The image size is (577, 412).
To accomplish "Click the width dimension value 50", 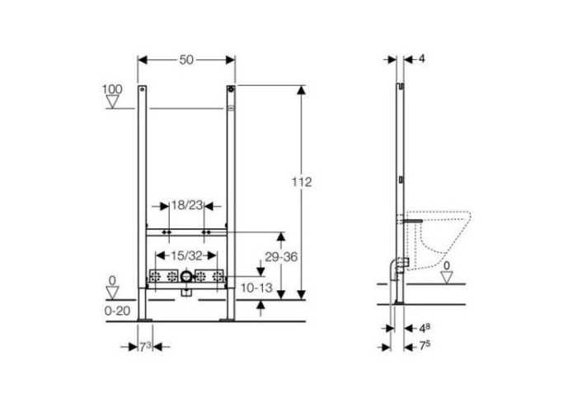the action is (x=186, y=59).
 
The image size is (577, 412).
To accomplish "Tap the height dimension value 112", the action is (x=302, y=182).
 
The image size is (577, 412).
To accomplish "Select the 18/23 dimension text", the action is (x=187, y=205).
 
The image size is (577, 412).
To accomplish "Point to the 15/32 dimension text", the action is (x=186, y=255).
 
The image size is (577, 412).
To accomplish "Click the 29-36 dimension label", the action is (x=281, y=257).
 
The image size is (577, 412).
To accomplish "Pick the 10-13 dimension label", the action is (x=257, y=288).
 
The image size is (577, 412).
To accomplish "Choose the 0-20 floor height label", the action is (x=117, y=311).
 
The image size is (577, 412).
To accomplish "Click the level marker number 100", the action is (x=112, y=89).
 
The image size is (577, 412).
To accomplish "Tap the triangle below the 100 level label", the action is (x=112, y=101).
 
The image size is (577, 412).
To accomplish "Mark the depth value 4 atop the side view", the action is (x=422, y=59).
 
